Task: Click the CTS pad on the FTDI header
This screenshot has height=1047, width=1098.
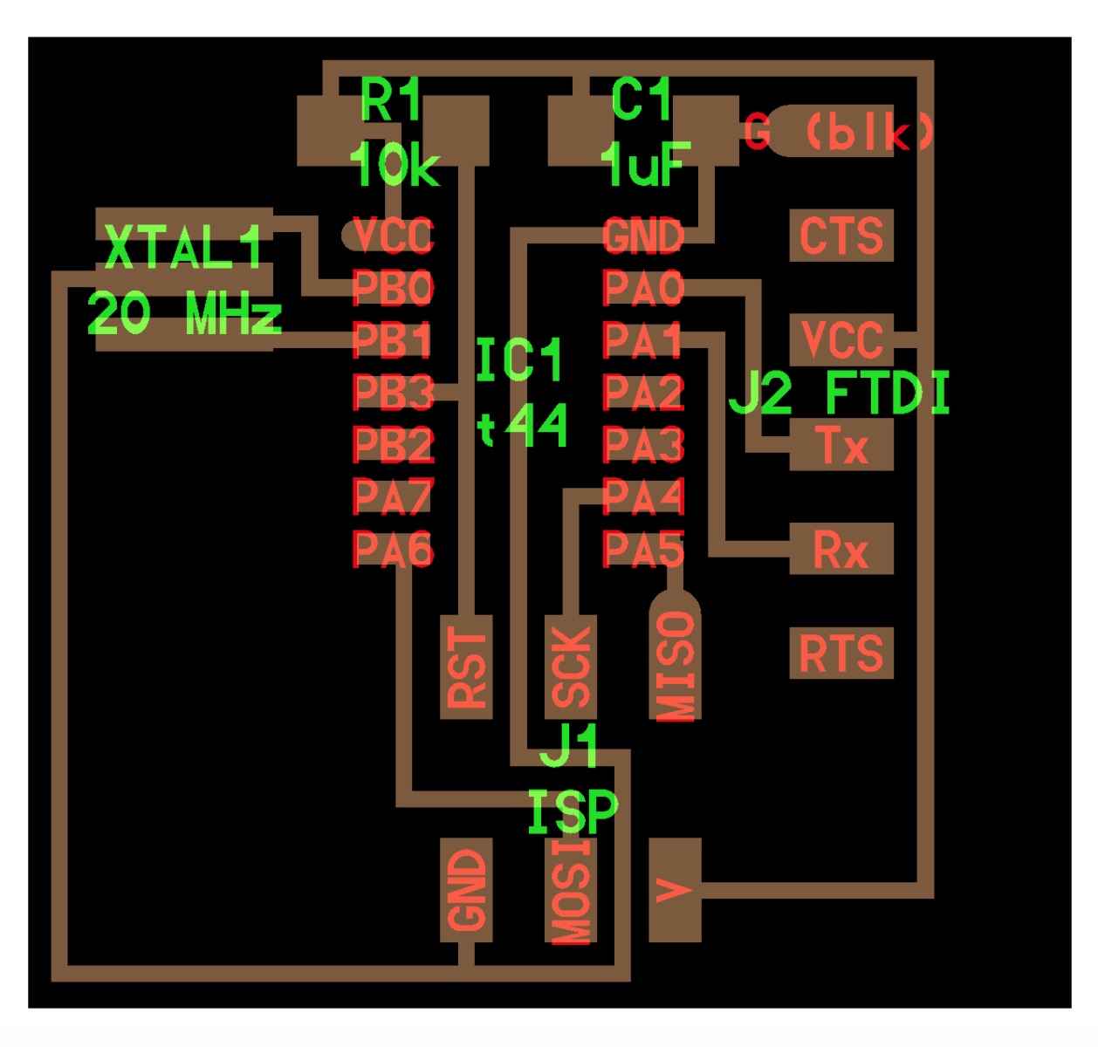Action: coord(841,235)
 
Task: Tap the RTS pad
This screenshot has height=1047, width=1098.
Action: coord(841,653)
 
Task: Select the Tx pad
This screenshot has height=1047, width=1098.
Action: coord(841,444)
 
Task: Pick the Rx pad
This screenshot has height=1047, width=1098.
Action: coord(841,549)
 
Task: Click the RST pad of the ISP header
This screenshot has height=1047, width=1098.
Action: coord(466,667)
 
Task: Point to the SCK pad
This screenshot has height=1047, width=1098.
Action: coord(571,667)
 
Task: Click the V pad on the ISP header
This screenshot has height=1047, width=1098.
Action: coord(676,890)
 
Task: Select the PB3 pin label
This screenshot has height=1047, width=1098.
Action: coord(393,392)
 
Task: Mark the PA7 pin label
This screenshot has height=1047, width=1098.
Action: coord(393,496)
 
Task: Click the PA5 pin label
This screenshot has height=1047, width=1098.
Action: coord(643,549)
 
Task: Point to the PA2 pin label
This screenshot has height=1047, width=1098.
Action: coord(643,392)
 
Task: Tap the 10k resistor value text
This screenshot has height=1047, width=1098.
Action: coord(395,165)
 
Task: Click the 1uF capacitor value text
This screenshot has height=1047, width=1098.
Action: coord(646,165)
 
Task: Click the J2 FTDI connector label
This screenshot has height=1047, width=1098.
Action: coord(839,393)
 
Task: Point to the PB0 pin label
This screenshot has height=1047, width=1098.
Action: coord(393,288)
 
